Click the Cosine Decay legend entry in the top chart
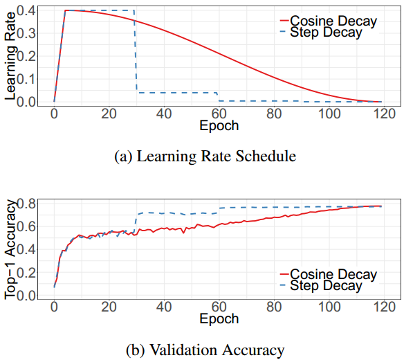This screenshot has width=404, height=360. (329, 21)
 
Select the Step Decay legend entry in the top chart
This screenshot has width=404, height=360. (321, 33)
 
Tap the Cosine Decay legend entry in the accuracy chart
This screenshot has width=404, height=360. (329, 274)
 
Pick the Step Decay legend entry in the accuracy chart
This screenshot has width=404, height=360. (321, 285)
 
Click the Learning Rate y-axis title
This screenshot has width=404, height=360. (10, 56)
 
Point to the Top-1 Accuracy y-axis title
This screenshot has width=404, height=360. (10, 250)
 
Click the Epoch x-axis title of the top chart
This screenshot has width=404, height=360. (219, 126)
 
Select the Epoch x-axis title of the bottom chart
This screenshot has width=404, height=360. (219, 319)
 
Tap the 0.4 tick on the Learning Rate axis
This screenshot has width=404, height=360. (26, 10)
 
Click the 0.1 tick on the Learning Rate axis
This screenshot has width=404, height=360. (26, 79)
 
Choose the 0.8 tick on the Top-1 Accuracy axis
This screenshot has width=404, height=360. (26, 204)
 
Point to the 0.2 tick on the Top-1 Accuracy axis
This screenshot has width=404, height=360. (26, 272)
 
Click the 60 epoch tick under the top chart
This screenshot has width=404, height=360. (219, 114)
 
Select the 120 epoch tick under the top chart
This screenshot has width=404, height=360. (385, 114)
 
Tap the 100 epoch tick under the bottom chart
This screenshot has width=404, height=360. (329, 307)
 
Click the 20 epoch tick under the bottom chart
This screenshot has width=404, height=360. (109, 307)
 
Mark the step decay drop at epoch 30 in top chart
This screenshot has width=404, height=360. (136, 51)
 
